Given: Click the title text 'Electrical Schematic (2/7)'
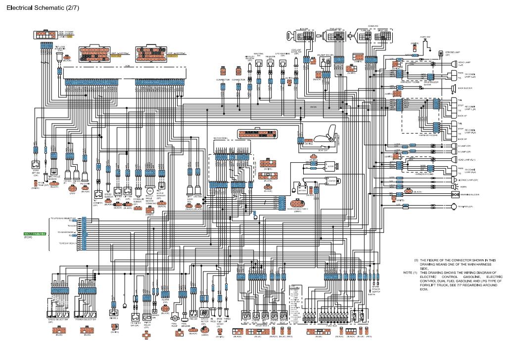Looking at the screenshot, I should tap(42, 8).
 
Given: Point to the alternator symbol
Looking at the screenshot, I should tap(329, 167).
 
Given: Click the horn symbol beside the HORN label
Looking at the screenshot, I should tap(455, 186).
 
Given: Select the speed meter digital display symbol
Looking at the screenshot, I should tap(204, 314).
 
